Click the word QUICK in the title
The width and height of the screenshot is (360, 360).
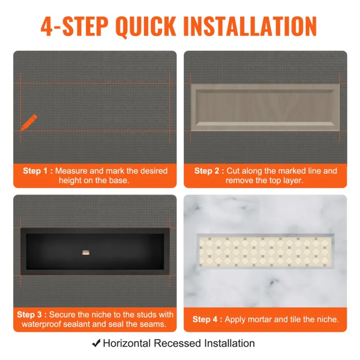point(145,26)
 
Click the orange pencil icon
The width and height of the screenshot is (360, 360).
point(29,122)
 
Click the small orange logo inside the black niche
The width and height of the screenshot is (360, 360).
point(86,252)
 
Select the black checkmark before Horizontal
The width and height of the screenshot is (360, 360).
point(96,343)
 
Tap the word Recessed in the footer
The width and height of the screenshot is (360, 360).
point(177,343)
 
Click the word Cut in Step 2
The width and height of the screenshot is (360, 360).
point(233,171)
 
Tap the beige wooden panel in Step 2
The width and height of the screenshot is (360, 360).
point(265,108)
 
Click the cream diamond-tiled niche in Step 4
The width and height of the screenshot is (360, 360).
point(265,251)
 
